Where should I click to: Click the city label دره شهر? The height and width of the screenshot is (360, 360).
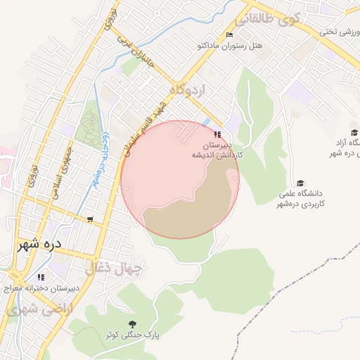click(x=39, y=244)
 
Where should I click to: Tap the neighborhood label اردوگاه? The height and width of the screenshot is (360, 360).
click(x=188, y=90)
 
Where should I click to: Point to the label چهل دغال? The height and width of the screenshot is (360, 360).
click(x=114, y=267)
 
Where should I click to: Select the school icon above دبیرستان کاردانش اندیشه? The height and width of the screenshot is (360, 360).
click(x=217, y=134)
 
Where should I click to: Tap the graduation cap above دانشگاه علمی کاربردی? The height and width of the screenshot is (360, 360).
click(x=301, y=183)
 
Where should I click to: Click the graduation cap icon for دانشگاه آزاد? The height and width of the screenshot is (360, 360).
click(x=354, y=132)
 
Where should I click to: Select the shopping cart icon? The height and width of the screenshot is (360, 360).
click(x=89, y=219)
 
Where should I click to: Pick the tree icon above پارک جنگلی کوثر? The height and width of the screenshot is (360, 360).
click(x=133, y=323)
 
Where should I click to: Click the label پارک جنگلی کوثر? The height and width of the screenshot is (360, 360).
click(x=133, y=335)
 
